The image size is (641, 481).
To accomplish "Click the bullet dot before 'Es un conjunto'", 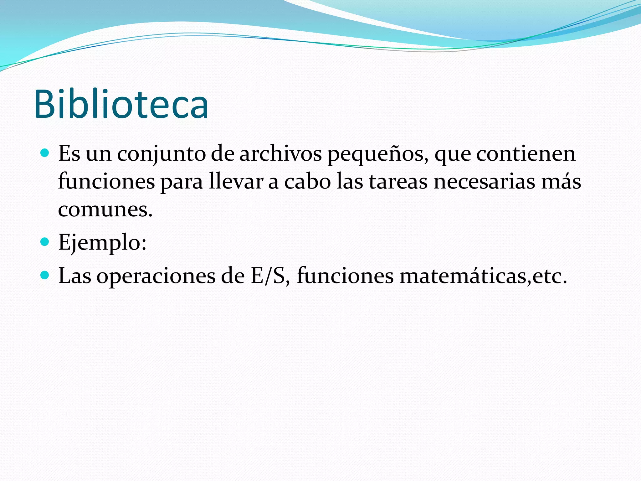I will pyautogui.click(x=45, y=153).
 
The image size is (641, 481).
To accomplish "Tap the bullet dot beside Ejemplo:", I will pyautogui.click(x=45, y=242).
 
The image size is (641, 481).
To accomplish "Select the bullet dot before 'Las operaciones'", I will pyautogui.click(x=45, y=276).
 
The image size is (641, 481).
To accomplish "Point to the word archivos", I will pyautogui.click(x=280, y=154).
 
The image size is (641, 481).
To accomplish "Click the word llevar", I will pyautogui.click(x=236, y=182).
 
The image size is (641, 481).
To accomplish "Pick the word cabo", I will pyautogui.click(x=307, y=182).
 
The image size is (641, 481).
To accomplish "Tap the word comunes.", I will pyautogui.click(x=105, y=209).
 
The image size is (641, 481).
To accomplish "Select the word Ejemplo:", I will pyautogui.click(x=102, y=242).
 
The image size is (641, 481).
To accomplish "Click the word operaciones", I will pyautogui.click(x=156, y=276).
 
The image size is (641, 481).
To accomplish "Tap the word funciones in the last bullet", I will pyautogui.click(x=345, y=276).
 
